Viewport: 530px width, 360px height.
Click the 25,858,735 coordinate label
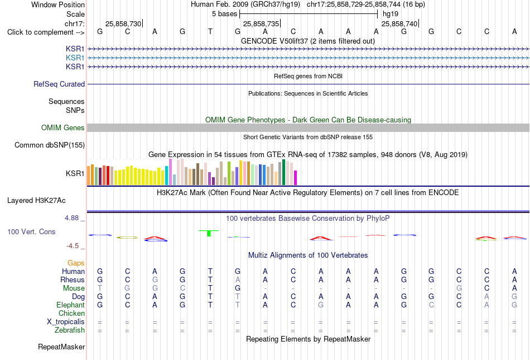(261, 23)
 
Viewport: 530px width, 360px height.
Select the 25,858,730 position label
(123, 23)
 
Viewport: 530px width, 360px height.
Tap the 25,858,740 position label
(399, 23)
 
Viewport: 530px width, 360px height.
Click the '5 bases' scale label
(225, 14)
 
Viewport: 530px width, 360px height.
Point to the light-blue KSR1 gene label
(75, 58)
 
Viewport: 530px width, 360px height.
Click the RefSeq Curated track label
(59, 84)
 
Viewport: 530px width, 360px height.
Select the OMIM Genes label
(63, 127)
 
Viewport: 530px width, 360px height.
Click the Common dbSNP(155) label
(50, 145)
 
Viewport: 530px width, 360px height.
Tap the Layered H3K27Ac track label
(36, 201)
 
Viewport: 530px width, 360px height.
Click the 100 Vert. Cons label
(31, 231)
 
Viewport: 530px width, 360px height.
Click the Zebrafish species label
(70, 330)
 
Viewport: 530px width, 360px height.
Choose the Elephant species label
(71, 305)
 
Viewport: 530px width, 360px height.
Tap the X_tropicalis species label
(66, 322)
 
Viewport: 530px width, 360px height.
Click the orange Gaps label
(76, 263)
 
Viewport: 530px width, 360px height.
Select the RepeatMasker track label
(61, 347)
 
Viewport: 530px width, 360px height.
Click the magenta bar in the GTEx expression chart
(296, 178)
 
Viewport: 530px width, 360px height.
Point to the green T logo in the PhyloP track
(209, 233)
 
